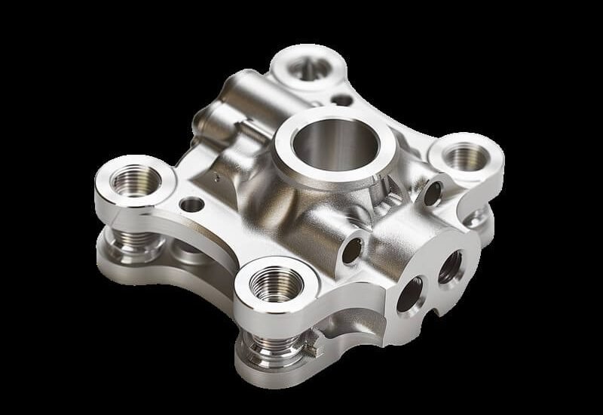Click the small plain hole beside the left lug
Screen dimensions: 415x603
192,204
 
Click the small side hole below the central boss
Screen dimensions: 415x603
351,250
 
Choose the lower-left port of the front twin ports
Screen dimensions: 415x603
412,293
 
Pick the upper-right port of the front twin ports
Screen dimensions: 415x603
450,266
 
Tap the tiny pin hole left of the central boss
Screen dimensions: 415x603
213,179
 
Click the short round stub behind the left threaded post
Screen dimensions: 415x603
181,249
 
